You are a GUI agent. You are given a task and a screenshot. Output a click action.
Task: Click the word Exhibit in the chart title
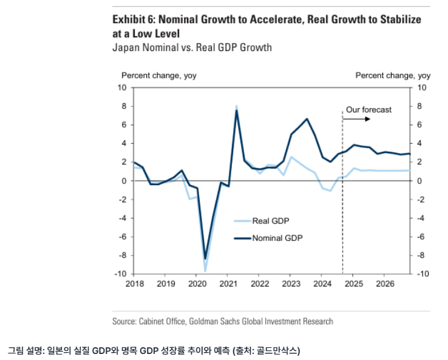127,19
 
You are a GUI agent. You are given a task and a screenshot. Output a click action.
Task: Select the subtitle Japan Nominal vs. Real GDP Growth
192,47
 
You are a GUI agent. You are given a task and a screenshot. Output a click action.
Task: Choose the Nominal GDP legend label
277,238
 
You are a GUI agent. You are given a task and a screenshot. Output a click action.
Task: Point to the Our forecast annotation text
368,110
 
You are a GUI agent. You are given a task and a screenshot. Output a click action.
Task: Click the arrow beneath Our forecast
358,120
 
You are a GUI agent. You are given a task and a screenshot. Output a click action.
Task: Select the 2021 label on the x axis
228,284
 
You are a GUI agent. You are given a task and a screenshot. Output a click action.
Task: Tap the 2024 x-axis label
322,284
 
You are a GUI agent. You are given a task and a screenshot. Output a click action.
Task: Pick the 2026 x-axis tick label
384,284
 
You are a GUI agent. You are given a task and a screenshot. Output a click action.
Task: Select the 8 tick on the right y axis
420,106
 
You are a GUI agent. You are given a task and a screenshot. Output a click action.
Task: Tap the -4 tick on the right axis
422,218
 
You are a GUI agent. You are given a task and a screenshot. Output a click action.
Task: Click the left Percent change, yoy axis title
159,75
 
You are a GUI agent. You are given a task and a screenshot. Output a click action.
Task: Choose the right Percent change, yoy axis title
393,75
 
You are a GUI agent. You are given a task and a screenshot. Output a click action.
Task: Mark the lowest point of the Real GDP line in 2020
205,271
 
